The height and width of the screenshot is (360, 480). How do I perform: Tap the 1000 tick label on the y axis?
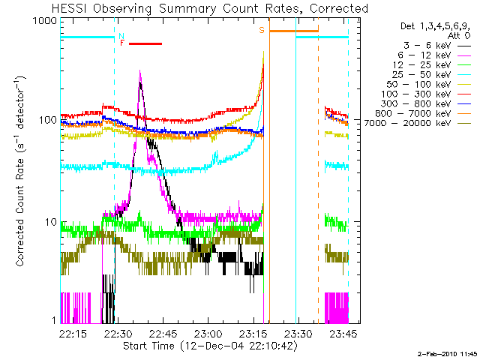44,21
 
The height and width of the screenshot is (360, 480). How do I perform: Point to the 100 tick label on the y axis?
48,120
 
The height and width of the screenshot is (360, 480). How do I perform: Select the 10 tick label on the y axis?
51,222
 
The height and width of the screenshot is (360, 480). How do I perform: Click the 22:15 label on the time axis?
73,334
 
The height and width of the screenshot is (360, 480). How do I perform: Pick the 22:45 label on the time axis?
163,334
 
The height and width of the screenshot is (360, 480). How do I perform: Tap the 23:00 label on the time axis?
208,334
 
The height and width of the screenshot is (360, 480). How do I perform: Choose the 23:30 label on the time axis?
298,334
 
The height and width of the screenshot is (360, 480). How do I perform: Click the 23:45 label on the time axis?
343,334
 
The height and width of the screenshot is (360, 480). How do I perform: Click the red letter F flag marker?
122,43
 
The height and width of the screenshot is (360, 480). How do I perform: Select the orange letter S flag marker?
262,30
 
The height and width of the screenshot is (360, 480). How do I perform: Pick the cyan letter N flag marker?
121,36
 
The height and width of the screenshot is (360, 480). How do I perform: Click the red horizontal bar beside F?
145,43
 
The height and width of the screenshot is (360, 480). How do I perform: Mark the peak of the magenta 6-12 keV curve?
140,70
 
